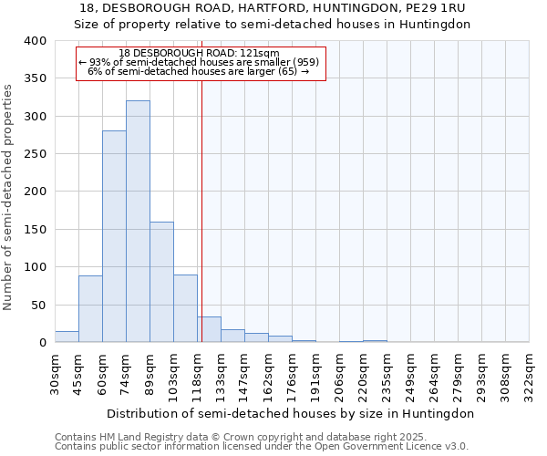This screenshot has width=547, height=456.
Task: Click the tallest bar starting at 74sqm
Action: point(138,222)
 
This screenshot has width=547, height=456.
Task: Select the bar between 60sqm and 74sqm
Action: point(114,236)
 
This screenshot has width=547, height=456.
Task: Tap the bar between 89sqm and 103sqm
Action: point(161,282)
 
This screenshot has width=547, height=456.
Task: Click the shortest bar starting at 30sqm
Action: point(67,337)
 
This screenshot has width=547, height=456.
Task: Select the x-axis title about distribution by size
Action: point(290,413)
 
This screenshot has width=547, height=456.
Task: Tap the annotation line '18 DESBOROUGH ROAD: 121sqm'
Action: point(199,53)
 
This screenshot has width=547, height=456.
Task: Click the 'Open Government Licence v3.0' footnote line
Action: point(262,447)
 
